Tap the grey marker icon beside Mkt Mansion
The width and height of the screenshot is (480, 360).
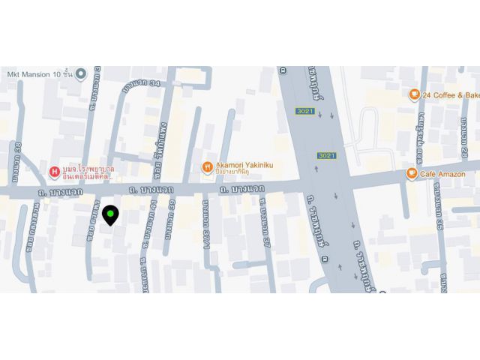pos(81,73)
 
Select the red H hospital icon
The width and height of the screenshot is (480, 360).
pos(55,172)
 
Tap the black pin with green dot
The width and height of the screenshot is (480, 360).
pos(110,215)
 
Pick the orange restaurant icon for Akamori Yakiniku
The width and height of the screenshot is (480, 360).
pos(207,167)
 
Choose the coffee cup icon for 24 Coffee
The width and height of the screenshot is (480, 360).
pos(413,94)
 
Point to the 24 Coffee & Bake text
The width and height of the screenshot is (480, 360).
pos(450,95)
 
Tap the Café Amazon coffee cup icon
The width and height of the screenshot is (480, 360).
pos(412,173)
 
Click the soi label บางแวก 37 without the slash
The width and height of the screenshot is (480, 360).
pos(264,225)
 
